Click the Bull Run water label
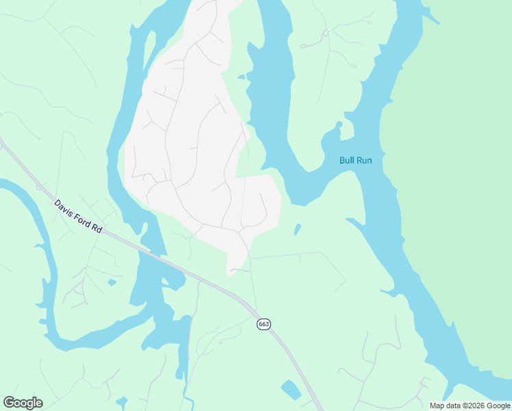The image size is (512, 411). coord(355,160)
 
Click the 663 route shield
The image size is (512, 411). coord(264,323)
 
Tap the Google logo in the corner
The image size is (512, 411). coord(23,403)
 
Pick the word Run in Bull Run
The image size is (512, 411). coord(364,160)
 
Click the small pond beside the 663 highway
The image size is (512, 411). coord(292,390)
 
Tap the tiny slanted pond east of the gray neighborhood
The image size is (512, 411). coord(297,229)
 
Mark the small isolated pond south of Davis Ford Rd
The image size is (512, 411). coord(112,282)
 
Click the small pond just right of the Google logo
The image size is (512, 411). coord(123,401)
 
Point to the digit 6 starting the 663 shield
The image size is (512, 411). coord(260,323)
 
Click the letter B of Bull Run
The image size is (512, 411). coord(342,160)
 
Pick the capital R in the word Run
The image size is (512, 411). coord(359,160)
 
